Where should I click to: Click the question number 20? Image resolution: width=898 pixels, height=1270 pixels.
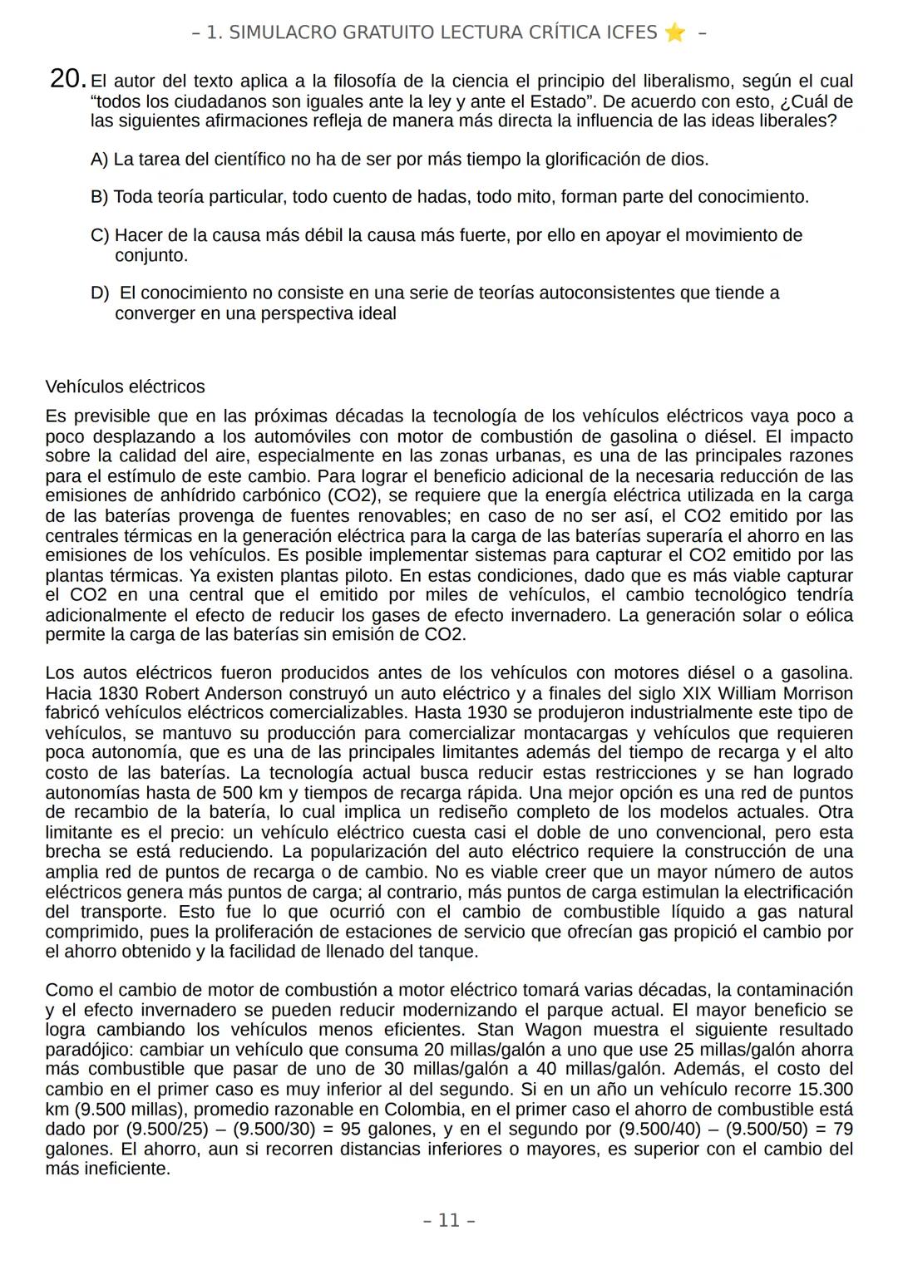[67, 79]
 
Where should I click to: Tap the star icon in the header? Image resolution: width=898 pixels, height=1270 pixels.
[674, 32]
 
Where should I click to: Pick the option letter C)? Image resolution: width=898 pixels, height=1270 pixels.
[100, 235]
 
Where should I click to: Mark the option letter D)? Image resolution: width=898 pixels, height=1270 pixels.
[100, 293]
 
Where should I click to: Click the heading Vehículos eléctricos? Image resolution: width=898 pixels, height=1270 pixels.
[125, 387]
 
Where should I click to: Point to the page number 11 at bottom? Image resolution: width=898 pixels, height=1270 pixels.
[449, 1220]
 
